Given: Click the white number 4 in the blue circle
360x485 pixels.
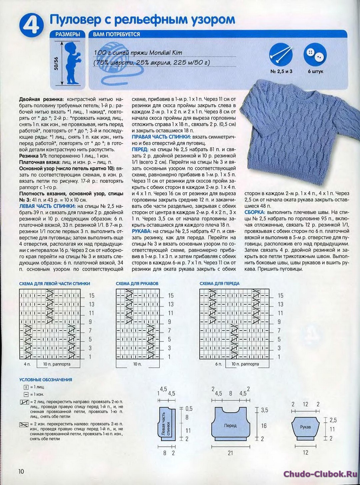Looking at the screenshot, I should (32, 26).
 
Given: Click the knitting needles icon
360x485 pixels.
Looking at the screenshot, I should (281, 55).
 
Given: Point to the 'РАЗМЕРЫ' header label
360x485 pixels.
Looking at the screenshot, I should (68, 34).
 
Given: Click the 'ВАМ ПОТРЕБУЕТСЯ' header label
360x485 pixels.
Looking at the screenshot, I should (116, 34).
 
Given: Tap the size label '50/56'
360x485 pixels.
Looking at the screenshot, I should (56, 63).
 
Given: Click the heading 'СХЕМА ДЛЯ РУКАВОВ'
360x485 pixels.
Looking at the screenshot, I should (137, 284).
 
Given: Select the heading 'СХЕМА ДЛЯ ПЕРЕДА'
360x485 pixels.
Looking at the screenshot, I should (219, 284).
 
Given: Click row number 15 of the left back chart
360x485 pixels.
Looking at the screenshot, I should (91, 296).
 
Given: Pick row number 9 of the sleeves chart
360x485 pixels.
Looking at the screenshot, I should (169, 322).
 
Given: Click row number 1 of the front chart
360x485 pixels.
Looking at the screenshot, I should (279, 357).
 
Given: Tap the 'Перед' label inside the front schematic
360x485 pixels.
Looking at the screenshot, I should (230, 426).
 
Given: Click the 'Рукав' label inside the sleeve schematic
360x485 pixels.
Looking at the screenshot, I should (305, 427).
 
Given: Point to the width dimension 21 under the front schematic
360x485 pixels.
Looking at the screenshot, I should (230, 453).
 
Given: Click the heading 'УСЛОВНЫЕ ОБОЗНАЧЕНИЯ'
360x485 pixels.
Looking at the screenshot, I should (46, 380).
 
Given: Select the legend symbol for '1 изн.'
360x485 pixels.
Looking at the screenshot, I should (26, 394).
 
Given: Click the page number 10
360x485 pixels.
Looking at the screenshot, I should (21, 472).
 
